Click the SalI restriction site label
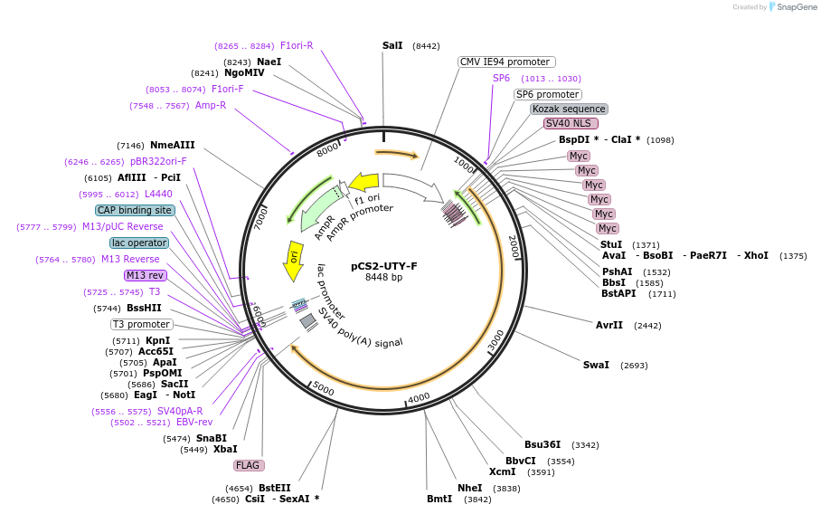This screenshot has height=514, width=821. [392, 45]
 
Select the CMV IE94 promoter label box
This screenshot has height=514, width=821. [505, 62]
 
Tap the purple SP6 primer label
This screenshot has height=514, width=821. [501, 78]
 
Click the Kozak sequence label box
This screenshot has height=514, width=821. [568, 109]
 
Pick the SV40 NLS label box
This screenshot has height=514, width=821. [570, 123]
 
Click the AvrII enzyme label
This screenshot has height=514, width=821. [609, 325]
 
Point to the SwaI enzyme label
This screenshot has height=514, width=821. [596, 365]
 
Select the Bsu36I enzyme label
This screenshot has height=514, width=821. [543, 444]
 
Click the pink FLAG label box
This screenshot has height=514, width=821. [248, 465]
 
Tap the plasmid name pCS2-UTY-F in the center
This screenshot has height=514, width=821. [384, 266]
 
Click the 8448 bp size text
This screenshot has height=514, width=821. [384, 277]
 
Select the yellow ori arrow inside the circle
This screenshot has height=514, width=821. [293, 255]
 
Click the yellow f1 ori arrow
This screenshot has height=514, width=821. [363, 182]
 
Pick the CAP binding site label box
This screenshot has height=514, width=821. [135, 210]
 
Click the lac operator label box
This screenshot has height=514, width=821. [139, 243]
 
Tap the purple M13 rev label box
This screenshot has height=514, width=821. [145, 275]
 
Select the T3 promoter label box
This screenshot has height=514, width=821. [141, 324]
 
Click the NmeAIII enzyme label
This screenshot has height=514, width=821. [172, 145]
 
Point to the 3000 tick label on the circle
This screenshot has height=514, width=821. [495, 341]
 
